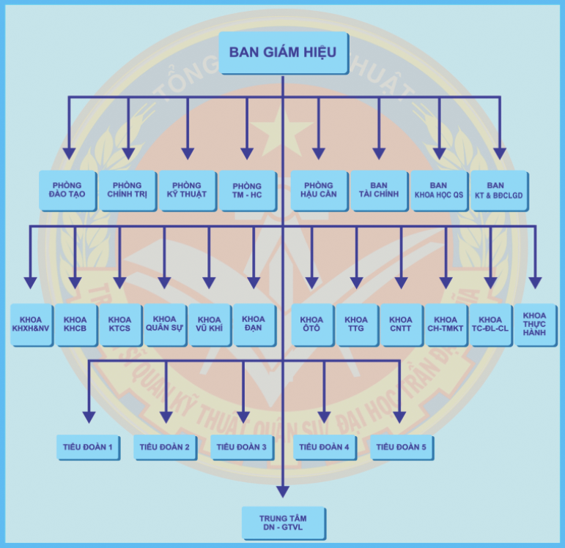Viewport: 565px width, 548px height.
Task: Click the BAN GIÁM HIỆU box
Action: [x=283, y=53]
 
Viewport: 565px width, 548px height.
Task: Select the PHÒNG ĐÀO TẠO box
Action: [x=68, y=190]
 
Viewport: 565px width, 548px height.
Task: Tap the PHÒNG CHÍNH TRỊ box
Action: [x=128, y=190]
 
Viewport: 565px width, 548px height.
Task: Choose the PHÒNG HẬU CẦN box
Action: [x=318, y=190]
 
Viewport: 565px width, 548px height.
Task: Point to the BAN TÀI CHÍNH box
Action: [x=379, y=190]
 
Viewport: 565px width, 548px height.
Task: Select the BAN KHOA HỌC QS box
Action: [x=439, y=190]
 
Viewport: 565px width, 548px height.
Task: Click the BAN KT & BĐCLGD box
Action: [x=499, y=190]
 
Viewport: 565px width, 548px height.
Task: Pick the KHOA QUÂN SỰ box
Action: [x=165, y=324]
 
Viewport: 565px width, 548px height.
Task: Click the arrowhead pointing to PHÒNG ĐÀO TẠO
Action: [x=69, y=154]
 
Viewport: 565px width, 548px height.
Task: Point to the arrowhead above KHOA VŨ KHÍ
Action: [x=210, y=282]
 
